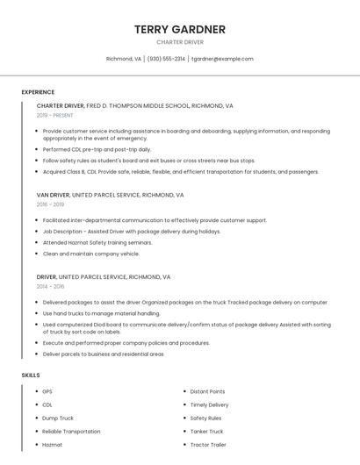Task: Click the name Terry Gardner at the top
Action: click(x=180, y=29)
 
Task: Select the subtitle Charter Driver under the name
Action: click(x=180, y=42)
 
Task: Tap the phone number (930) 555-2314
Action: click(x=166, y=59)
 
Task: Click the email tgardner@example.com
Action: click(x=222, y=59)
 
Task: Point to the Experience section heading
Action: click(x=38, y=92)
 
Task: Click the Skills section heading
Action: click(x=31, y=375)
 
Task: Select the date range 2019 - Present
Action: click(x=55, y=115)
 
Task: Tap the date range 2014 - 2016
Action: click(x=51, y=286)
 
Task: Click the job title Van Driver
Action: click(x=53, y=195)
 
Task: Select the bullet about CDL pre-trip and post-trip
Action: click(x=97, y=149)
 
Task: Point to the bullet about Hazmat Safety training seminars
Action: click(x=97, y=242)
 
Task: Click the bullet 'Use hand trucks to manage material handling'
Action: click(x=101, y=312)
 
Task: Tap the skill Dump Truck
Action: click(x=58, y=418)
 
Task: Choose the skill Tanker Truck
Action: click(x=207, y=432)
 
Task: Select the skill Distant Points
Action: click(x=207, y=391)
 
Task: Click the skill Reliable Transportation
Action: click(x=71, y=432)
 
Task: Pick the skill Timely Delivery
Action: click(x=209, y=404)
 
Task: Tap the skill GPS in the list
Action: click(x=47, y=391)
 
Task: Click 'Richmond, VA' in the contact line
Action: click(x=123, y=59)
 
